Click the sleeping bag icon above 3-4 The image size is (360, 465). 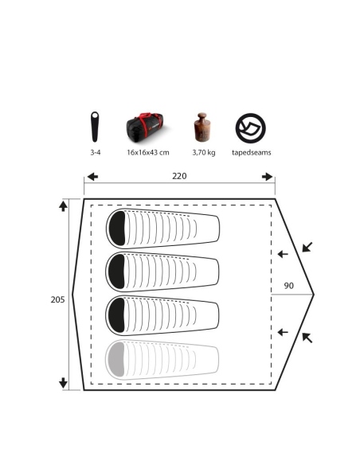[x=95, y=127]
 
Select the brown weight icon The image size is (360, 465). [x=202, y=127]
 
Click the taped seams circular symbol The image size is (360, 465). [x=251, y=128]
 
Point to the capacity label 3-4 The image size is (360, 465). [x=96, y=152]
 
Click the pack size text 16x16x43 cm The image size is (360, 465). [x=148, y=152]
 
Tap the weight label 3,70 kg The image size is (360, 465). [x=204, y=153]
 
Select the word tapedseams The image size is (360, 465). [x=252, y=152]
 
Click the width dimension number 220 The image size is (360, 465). [x=179, y=176]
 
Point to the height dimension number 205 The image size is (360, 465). [x=57, y=300]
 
